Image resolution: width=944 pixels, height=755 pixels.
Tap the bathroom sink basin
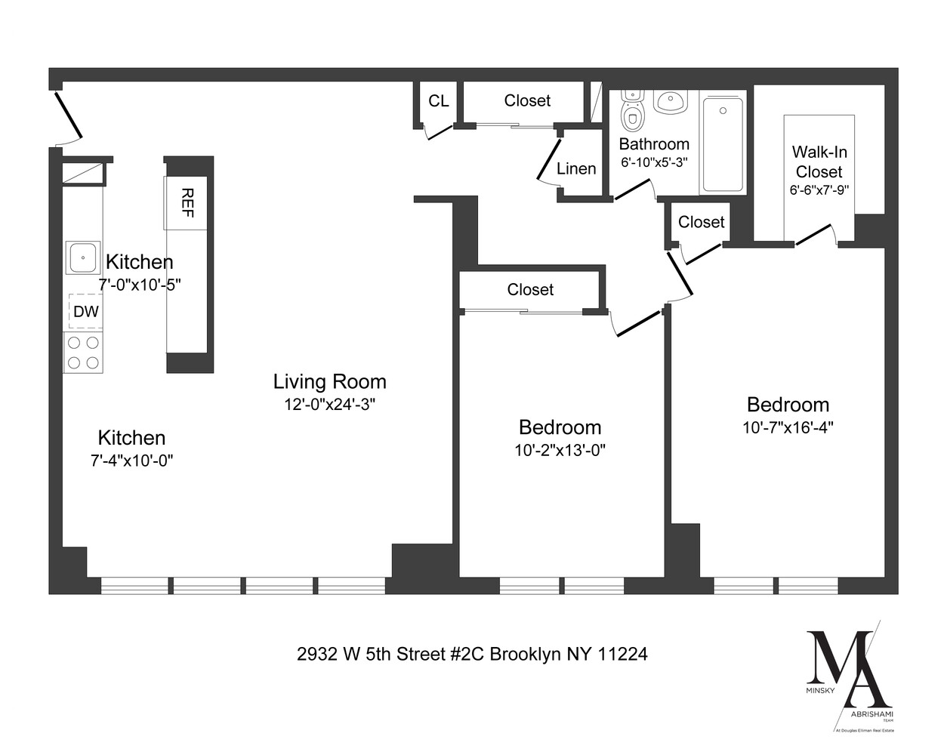(x=670, y=101)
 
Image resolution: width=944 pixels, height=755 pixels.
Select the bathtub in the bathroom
(x=723, y=143)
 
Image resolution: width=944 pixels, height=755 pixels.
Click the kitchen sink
(x=82, y=257)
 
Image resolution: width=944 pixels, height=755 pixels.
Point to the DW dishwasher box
(x=85, y=311)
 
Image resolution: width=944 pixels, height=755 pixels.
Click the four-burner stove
(x=83, y=353)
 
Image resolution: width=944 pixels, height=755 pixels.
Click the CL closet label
(x=438, y=101)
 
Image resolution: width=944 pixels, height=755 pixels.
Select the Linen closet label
(x=576, y=169)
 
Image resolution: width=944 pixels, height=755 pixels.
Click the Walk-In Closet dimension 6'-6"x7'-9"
(x=819, y=190)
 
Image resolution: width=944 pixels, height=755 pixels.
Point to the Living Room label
(x=329, y=382)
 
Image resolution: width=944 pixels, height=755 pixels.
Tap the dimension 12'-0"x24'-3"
(x=329, y=405)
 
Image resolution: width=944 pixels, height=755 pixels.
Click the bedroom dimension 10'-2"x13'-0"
(x=560, y=451)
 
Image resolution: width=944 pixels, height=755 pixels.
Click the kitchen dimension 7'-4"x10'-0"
(x=131, y=461)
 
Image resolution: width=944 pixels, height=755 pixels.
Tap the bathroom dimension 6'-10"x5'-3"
(x=654, y=162)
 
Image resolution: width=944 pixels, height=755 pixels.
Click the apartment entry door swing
(x=68, y=119)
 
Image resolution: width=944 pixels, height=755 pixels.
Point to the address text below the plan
(x=472, y=654)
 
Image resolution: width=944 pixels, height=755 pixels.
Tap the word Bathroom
(x=654, y=144)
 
